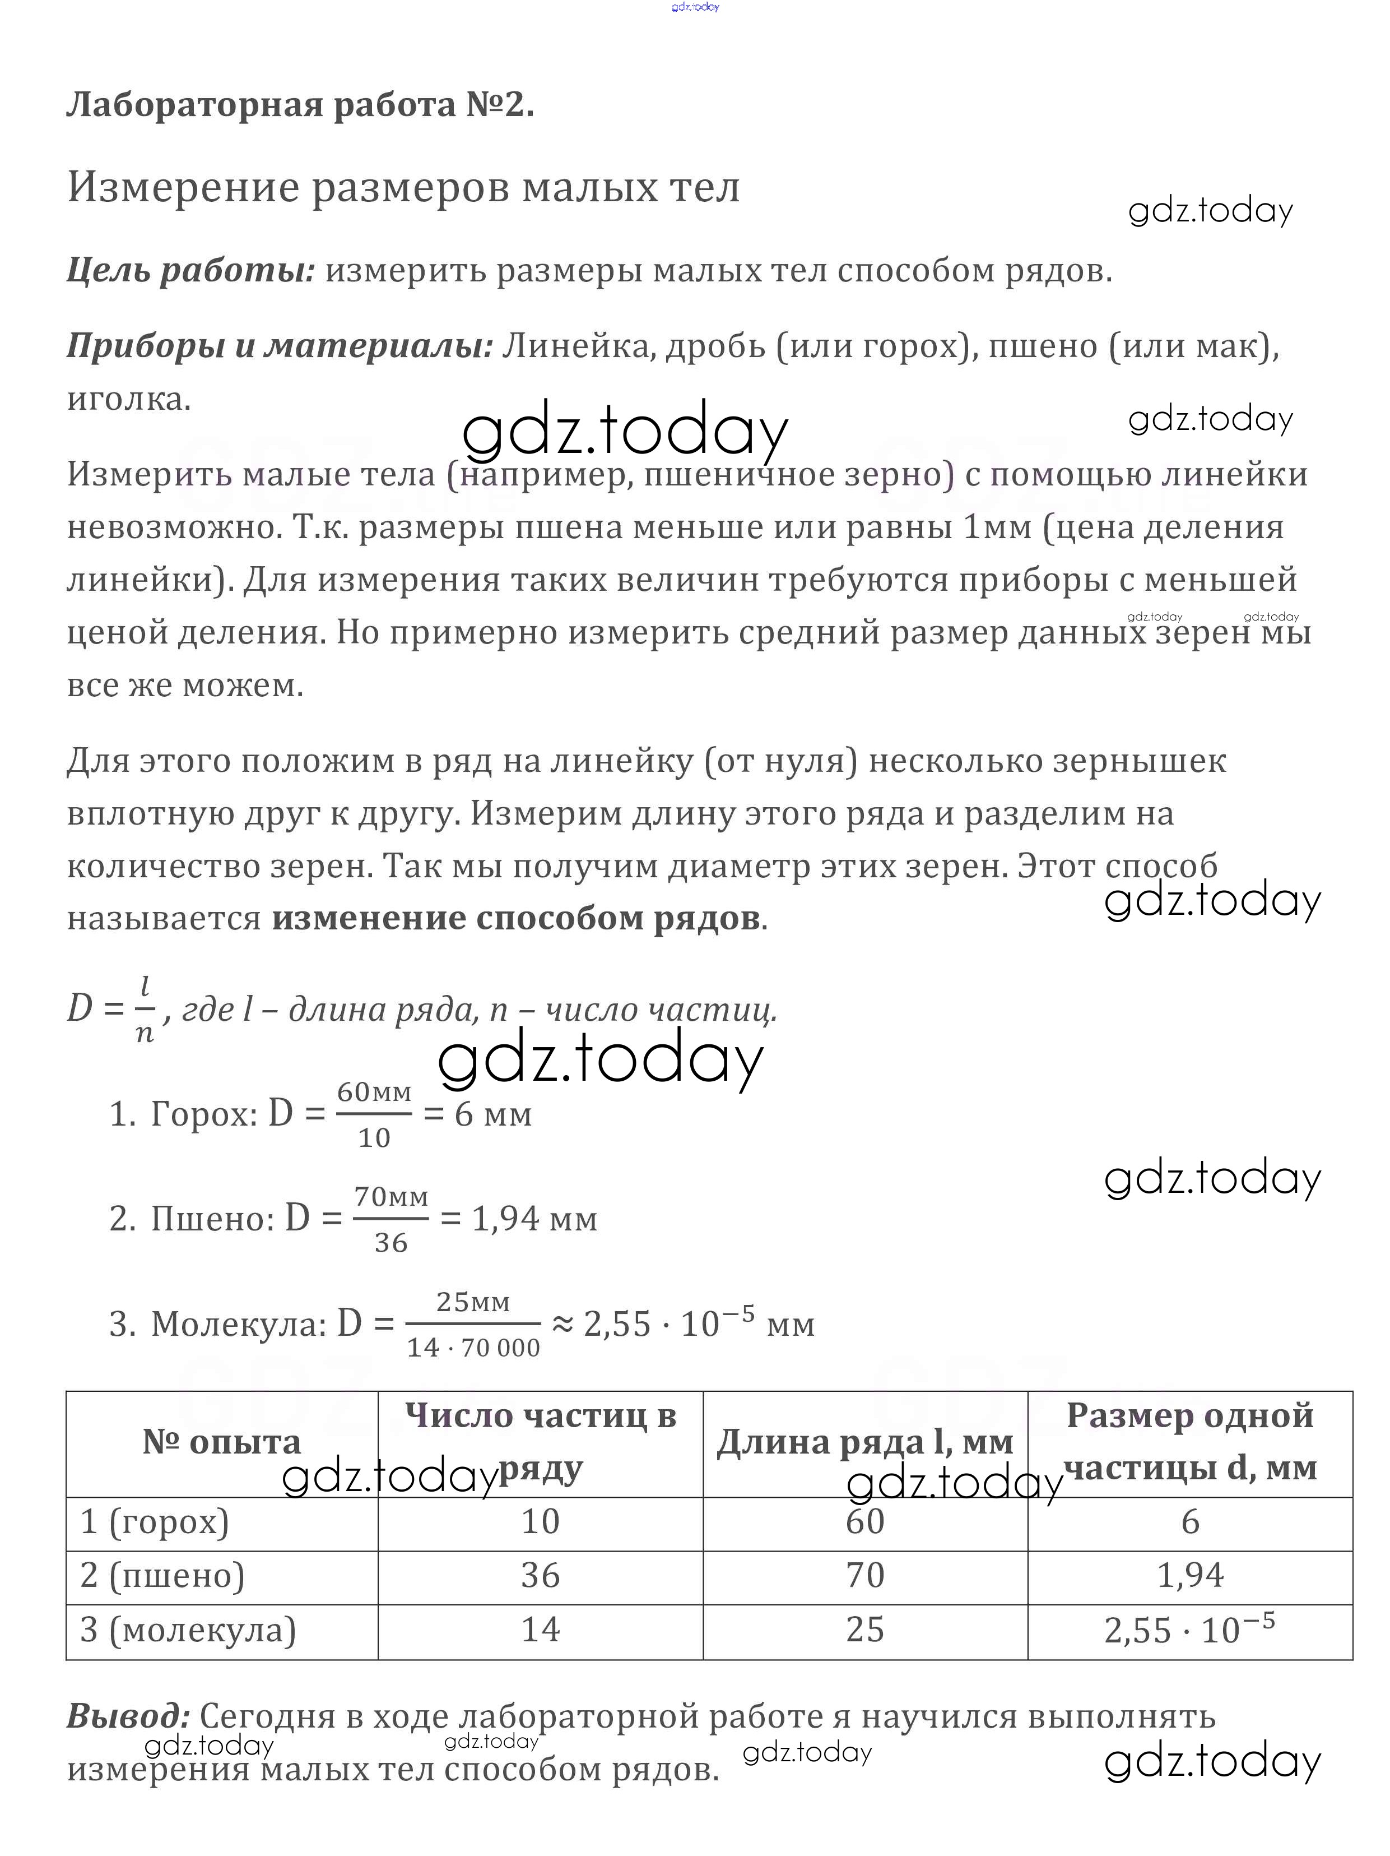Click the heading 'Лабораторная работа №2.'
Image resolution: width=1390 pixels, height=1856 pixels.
(300, 105)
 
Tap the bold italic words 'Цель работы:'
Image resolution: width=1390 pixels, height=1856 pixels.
(190, 270)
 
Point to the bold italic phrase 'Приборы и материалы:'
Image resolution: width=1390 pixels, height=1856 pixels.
(280, 346)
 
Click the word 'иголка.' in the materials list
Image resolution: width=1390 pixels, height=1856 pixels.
(128, 399)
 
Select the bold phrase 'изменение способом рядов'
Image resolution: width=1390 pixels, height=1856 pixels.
(515, 918)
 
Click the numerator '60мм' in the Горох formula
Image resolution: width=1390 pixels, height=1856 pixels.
(374, 1093)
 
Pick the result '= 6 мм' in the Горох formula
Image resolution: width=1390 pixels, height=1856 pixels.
(478, 1115)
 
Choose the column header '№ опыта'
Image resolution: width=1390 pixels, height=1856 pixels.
(221, 1442)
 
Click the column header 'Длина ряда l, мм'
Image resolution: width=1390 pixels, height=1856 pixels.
(865, 1442)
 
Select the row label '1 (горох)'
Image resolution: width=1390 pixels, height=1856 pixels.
(155, 1522)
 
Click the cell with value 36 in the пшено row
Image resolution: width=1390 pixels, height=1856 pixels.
(540, 1576)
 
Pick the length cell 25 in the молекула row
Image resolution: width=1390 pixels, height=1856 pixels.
(865, 1630)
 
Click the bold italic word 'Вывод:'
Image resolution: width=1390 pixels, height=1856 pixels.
(128, 1716)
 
